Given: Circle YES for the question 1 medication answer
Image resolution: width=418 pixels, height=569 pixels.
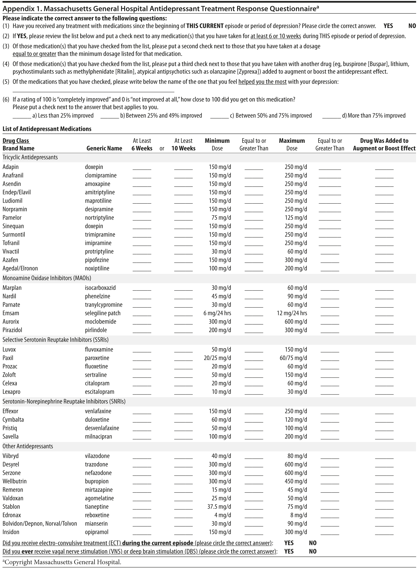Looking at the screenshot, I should pyautogui.click(x=388, y=26).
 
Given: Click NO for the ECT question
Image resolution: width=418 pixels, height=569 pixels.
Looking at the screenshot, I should pyautogui.click(x=313, y=543).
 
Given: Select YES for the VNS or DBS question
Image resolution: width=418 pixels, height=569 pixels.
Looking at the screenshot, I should pyautogui.click(x=289, y=551).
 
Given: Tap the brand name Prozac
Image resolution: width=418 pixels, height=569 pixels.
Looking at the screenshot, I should pyautogui.click(x=10, y=366).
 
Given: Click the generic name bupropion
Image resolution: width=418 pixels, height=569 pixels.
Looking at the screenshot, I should pyautogui.click(x=97, y=481).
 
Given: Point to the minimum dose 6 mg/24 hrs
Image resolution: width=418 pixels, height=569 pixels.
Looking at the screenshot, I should pyautogui.click(x=217, y=313).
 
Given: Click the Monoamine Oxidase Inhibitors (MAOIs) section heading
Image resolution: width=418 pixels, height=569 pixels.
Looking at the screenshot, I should pyautogui.click(x=47, y=278).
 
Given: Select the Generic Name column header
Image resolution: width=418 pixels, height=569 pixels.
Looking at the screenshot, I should pyautogui.click(x=104, y=148).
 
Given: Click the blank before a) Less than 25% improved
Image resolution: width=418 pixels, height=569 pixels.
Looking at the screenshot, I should pyautogui.click(x=22, y=117).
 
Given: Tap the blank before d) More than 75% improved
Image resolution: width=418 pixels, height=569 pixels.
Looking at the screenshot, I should pyautogui.click(x=331, y=117).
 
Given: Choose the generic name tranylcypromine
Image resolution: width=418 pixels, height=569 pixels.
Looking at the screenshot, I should pyautogui.click(x=104, y=305).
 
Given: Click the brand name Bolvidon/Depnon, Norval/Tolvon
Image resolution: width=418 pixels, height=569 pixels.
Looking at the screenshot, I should pyautogui.click(x=40, y=524).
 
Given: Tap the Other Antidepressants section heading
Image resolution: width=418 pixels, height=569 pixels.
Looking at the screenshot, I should pyautogui.click(x=28, y=446).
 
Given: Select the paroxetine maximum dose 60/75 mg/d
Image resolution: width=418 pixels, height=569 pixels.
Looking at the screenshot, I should pyautogui.click(x=293, y=358).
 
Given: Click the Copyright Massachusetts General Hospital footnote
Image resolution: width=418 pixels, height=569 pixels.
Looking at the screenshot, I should pyautogui.click(x=62, y=562).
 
